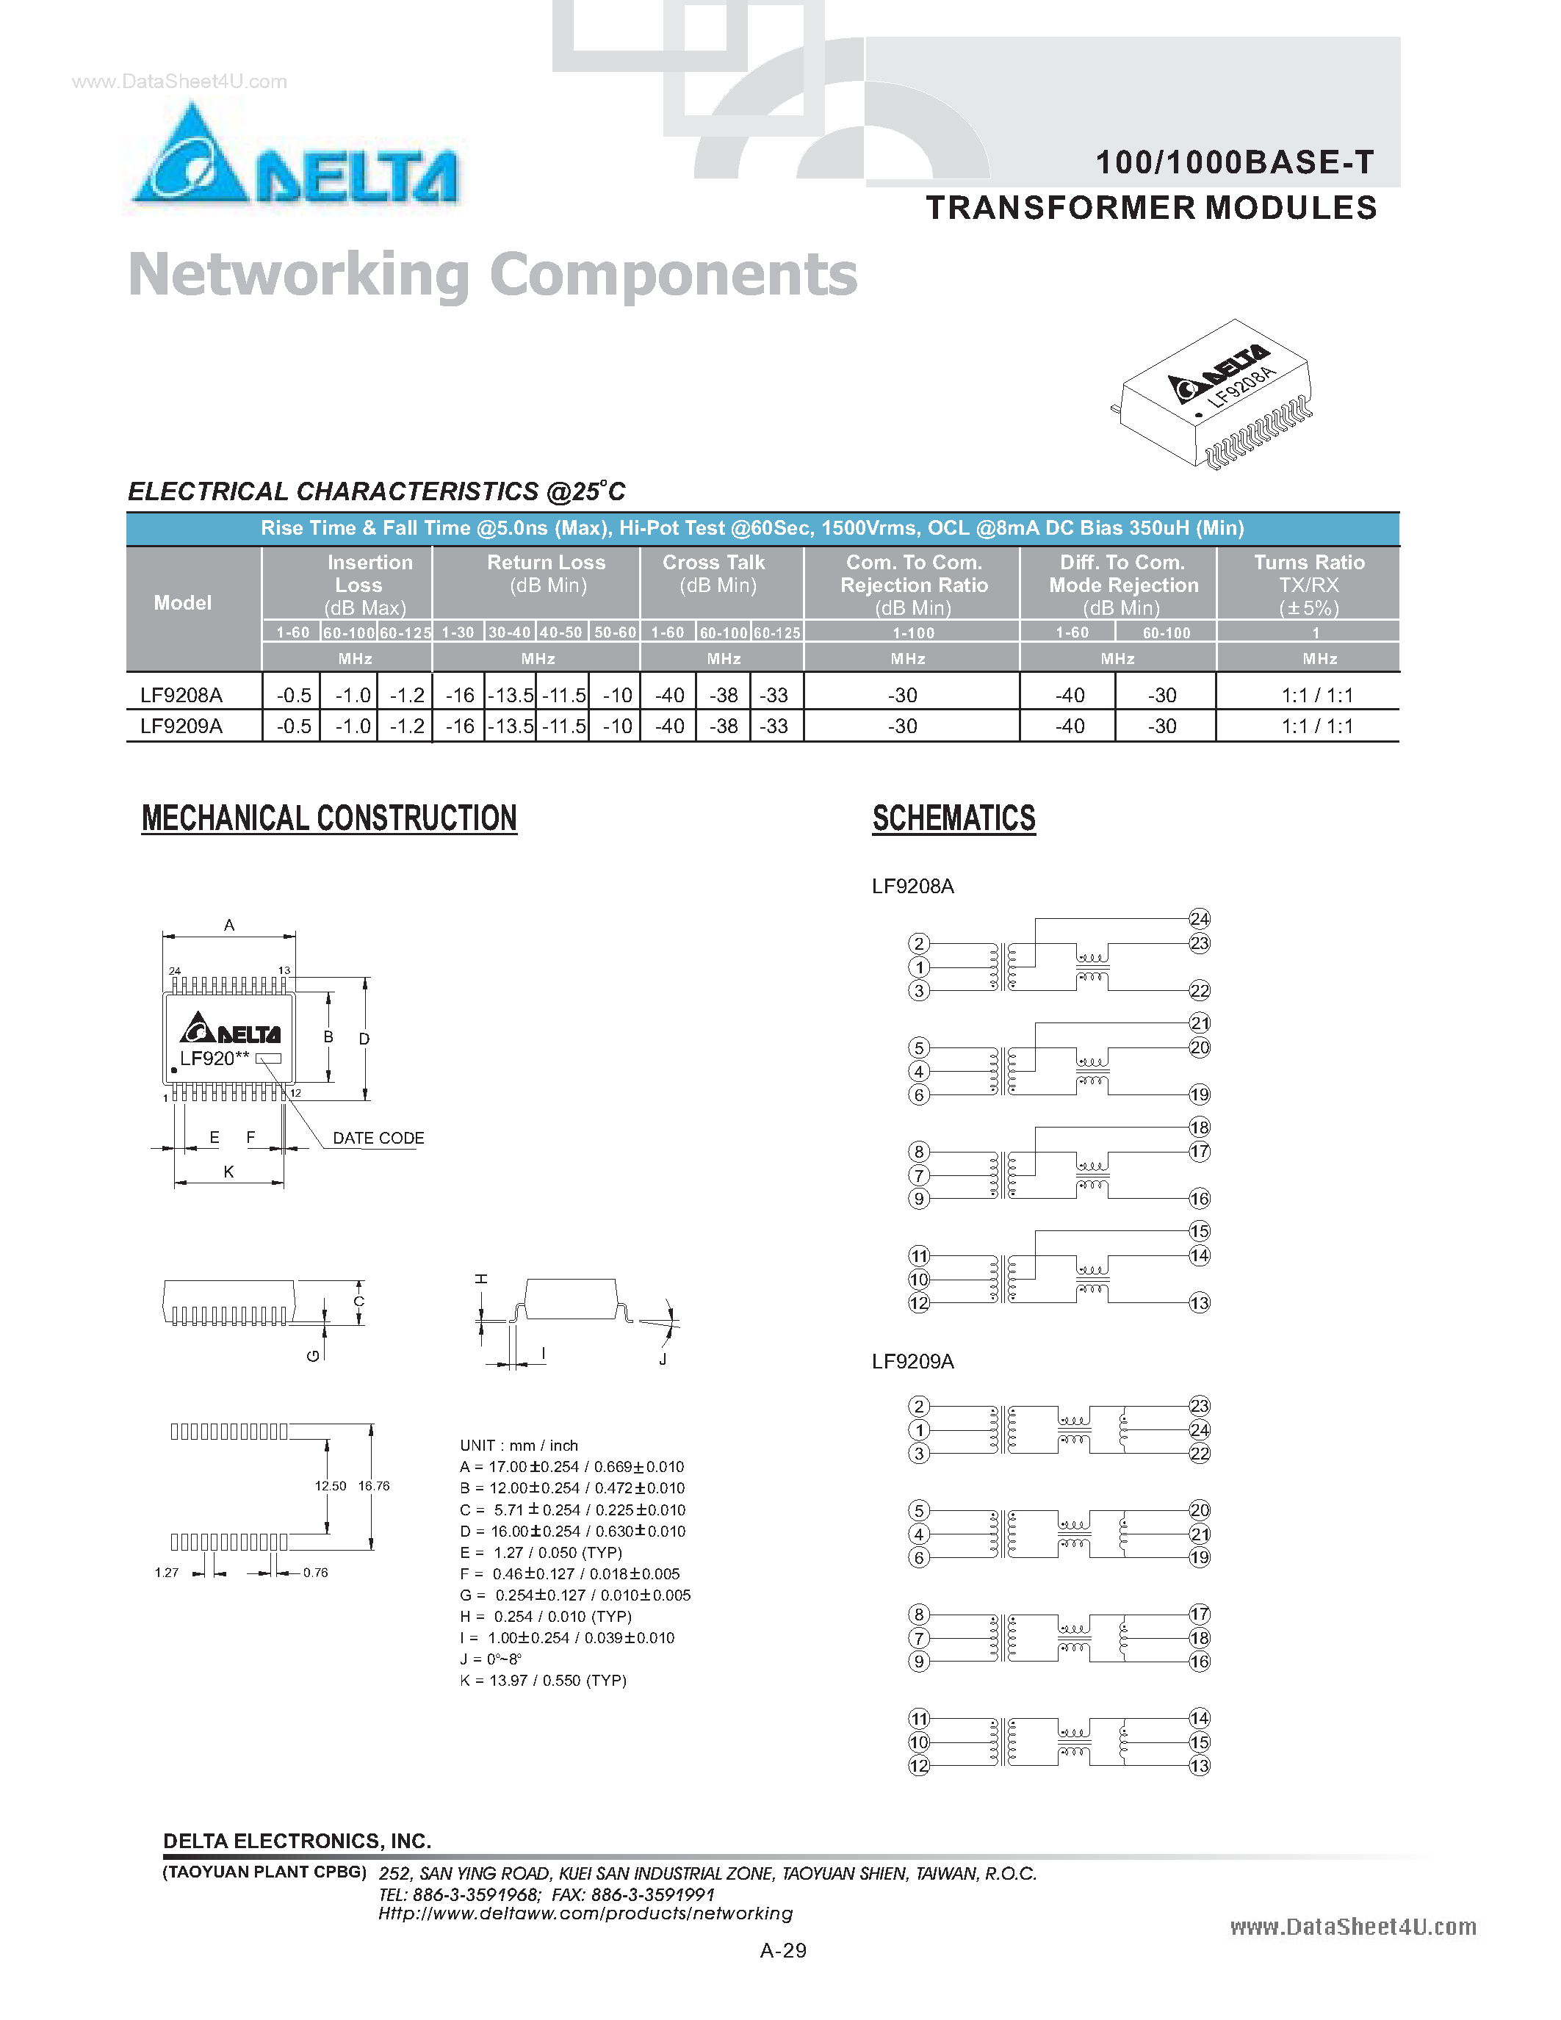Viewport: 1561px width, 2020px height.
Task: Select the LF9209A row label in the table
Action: [181, 726]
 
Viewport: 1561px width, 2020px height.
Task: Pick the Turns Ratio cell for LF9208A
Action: [1317, 696]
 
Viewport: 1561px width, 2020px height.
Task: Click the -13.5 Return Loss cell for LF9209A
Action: [511, 726]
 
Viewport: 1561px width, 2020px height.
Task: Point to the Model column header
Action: [182, 603]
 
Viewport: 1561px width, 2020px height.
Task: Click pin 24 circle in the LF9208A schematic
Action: [1200, 918]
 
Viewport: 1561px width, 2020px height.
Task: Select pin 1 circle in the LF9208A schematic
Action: [918, 967]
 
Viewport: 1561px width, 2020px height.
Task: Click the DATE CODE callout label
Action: [378, 1139]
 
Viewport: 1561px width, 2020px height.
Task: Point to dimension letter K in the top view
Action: [228, 1172]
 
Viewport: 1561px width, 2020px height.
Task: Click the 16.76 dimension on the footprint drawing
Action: [374, 1486]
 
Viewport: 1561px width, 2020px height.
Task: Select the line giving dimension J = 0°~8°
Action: [491, 1659]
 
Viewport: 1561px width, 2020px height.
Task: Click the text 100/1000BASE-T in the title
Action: [1235, 163]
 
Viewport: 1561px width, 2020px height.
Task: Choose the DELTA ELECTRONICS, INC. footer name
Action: [297, 1841]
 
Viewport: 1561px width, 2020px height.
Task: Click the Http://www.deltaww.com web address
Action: [585, 1913]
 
